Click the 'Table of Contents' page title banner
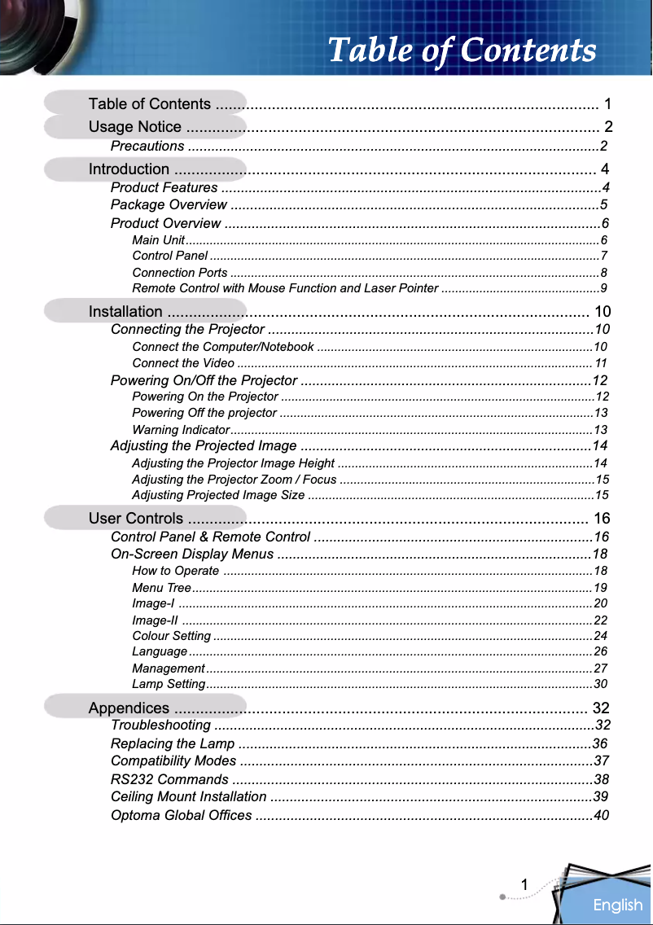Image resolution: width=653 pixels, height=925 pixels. [462, 50]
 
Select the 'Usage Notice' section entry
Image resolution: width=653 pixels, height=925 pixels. [135, 126]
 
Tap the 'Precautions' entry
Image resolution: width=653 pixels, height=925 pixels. [147, 147]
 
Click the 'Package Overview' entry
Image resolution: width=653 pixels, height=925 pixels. [169, 204]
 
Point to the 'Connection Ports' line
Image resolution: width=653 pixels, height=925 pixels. [180, 273]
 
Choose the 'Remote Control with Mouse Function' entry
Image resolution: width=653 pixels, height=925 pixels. [285, 288]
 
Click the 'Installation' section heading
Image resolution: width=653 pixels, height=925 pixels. [125, 311]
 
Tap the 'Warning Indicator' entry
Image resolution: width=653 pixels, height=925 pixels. [180, 429]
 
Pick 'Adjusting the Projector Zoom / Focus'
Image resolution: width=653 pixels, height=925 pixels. [234, 479]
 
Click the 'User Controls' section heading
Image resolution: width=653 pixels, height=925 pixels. [136, 519]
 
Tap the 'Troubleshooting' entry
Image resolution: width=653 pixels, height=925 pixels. [161, 726]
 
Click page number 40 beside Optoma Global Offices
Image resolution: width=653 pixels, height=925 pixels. [601, 816]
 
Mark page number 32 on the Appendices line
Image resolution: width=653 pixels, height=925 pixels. [603, 707]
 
